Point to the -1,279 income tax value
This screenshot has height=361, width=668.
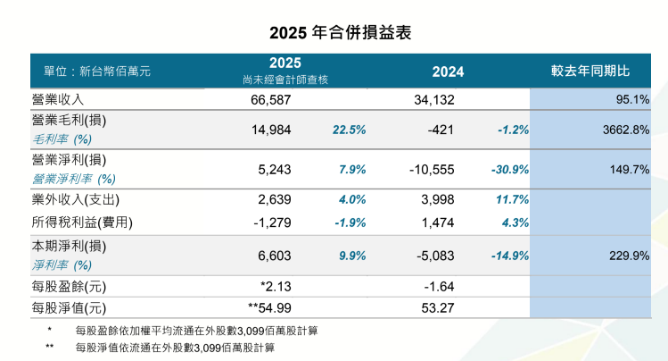(x=271, y=222)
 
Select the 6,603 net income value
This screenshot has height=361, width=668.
(x=273, y=255)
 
